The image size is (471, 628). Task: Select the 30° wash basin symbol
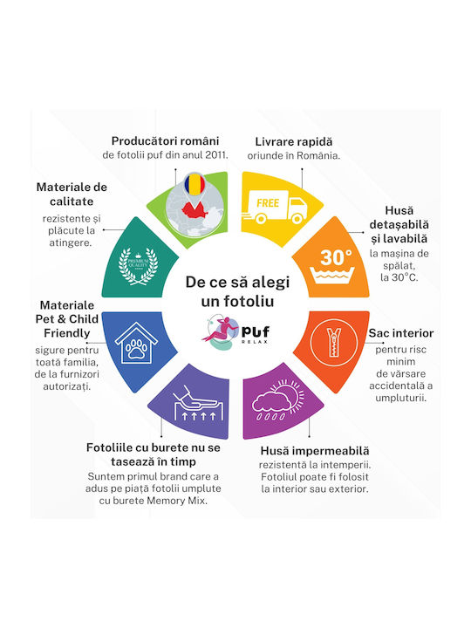tap(332, 266)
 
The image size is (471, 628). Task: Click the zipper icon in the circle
tap(333, 343)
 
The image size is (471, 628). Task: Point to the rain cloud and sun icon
tap(278, 400)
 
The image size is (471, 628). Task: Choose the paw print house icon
tap(136, 344)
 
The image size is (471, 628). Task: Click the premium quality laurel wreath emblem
tap(138, 266)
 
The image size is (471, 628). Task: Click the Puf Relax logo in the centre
tap(235, 332)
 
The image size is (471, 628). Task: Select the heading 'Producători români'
tap(165, 141)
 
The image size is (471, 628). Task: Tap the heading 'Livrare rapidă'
tap(294, 142)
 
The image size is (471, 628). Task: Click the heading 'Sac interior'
tap(401, 333)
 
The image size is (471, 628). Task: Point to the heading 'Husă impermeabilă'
tap(315, 451)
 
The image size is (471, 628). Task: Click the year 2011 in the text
tap(216, 155)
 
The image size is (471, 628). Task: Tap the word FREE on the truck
tap(268, 203)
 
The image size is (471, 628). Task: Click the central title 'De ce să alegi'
tap(237, 282)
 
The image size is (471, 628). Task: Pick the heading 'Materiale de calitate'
tap(72, 195)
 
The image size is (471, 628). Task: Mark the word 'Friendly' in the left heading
tap(67, 333)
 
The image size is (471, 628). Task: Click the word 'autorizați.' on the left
tap(67, 386)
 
